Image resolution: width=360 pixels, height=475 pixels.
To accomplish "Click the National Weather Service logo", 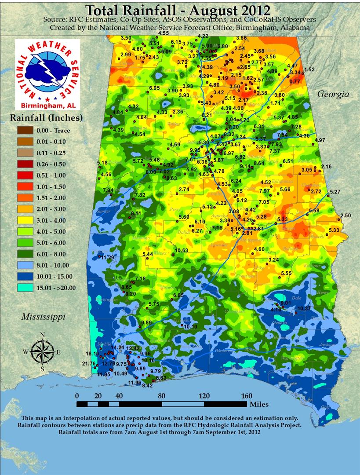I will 47,74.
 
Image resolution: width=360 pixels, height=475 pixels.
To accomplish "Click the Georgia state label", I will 333,94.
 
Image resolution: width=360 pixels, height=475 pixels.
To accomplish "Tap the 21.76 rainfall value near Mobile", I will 89,363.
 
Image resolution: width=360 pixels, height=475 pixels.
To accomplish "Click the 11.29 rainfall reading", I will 108,257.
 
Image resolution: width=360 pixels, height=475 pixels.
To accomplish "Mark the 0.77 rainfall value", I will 295,81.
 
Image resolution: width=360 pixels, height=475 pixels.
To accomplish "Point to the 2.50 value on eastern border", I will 346,216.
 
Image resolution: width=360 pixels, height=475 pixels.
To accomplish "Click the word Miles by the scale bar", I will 259,404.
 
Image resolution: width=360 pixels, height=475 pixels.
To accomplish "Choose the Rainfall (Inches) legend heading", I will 47,118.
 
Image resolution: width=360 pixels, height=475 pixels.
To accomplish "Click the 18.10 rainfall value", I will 92,354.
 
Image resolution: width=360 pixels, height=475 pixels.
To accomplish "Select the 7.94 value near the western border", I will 108,190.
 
